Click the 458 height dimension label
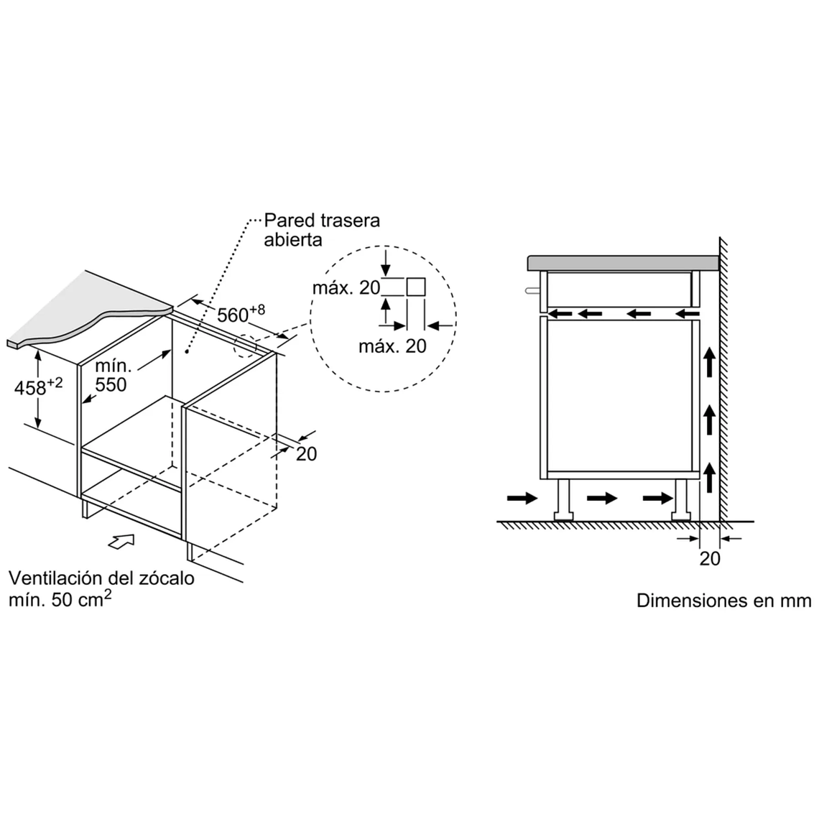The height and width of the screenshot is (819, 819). [x=38, y=387]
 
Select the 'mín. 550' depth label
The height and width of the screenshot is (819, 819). [x=111, y=376]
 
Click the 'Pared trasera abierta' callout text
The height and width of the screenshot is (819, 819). [x=321, y=229]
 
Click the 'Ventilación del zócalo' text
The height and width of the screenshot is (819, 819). [x=101, y=578]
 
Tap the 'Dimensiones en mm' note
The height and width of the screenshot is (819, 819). [x=723, y=601]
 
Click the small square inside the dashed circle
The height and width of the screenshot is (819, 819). [x=416, y=287]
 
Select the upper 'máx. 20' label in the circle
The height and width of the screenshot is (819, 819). [x=346, y=288]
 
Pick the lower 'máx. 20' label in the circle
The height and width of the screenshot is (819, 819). [x=392, y=346]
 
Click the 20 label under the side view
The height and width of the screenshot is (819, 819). [x=709, y=558]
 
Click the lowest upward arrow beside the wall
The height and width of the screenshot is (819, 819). [x=709, y=478]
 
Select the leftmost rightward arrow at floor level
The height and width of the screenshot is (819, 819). [x=522, y=498]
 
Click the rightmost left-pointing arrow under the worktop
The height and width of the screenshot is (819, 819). [x=687, y=313]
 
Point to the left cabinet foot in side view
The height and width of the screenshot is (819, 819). [x=563, y=499]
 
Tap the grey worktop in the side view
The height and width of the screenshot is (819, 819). [x=623, y=263]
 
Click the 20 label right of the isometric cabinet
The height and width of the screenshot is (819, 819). [x=306, y=453]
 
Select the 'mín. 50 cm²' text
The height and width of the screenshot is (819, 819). [x=60, y=599]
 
